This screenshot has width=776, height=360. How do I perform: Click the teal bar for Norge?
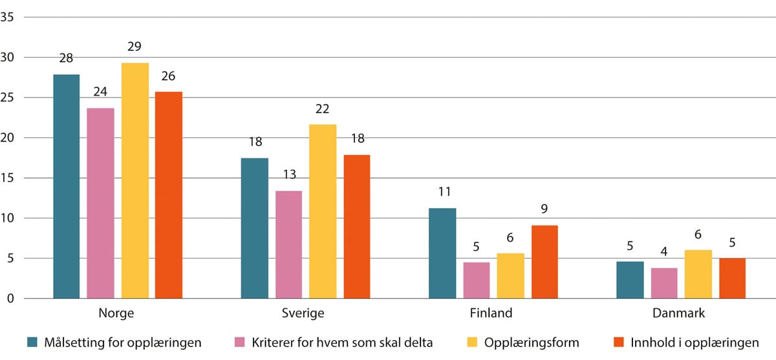(66, 187)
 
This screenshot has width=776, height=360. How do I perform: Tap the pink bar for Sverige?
(288, 245)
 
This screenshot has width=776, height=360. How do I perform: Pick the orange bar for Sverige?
(356, 227)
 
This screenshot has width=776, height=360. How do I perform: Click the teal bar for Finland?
(442, 253)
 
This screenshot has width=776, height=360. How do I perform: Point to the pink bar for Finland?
(476, 281)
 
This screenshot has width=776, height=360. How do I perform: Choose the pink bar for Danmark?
(665, 284)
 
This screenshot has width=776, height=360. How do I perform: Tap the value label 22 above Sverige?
(322, 109)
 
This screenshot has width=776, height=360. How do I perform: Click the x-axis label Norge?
(116, 313)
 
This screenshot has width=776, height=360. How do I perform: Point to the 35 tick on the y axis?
(8, 17)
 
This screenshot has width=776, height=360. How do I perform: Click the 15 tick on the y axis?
(8, 178)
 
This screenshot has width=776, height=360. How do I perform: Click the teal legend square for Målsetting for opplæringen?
(31, 342)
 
